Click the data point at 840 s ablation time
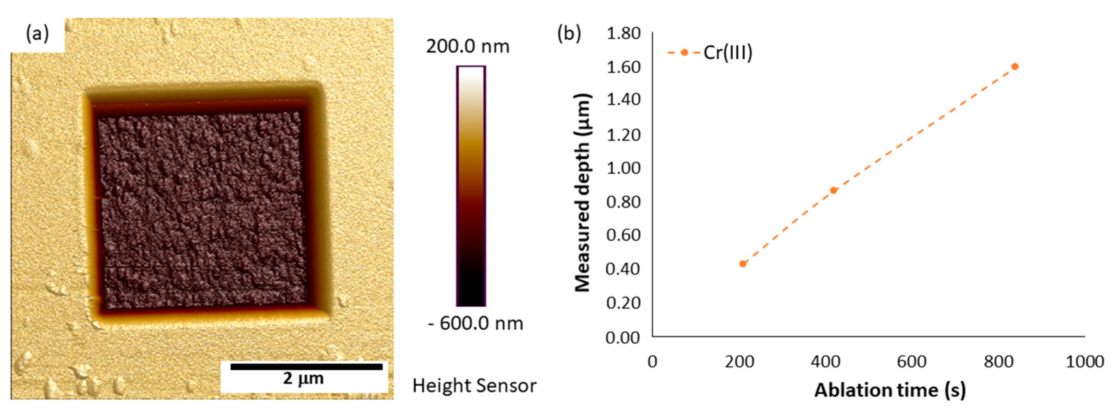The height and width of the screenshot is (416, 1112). pyautogui.click(x=1015, y=67)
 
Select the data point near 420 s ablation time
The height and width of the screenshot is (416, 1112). pyautogui.click(x=834, y=191)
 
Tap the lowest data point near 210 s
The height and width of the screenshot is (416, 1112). pyautogui.click(x=743, y=264)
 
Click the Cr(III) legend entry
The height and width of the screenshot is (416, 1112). pyautogui.click(x=728, y=53)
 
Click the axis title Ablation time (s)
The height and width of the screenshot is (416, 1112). pyautogui.click(x=890, y=390)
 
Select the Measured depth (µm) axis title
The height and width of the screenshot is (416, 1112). pyautogui.click(x=583, y=193)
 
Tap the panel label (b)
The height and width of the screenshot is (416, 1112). pyautogui.click(x=569, y=33)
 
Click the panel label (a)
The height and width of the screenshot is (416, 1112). pyautogui.click(x=38, y=33)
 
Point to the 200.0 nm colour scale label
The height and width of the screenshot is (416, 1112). pyautogui.click(x=468, y=46)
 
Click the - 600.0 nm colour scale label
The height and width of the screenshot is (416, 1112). pyautogui.click(x=475, y=323)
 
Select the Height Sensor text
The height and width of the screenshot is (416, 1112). pyautogui.click(x=474, y=385)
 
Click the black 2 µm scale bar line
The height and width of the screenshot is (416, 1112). pyautogui.click(x=306, y=367)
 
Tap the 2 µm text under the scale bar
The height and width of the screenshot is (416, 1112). pyautogui.click(x=303, y=379)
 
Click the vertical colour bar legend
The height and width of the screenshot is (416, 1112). pyautogui.click(x=471, y=186)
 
